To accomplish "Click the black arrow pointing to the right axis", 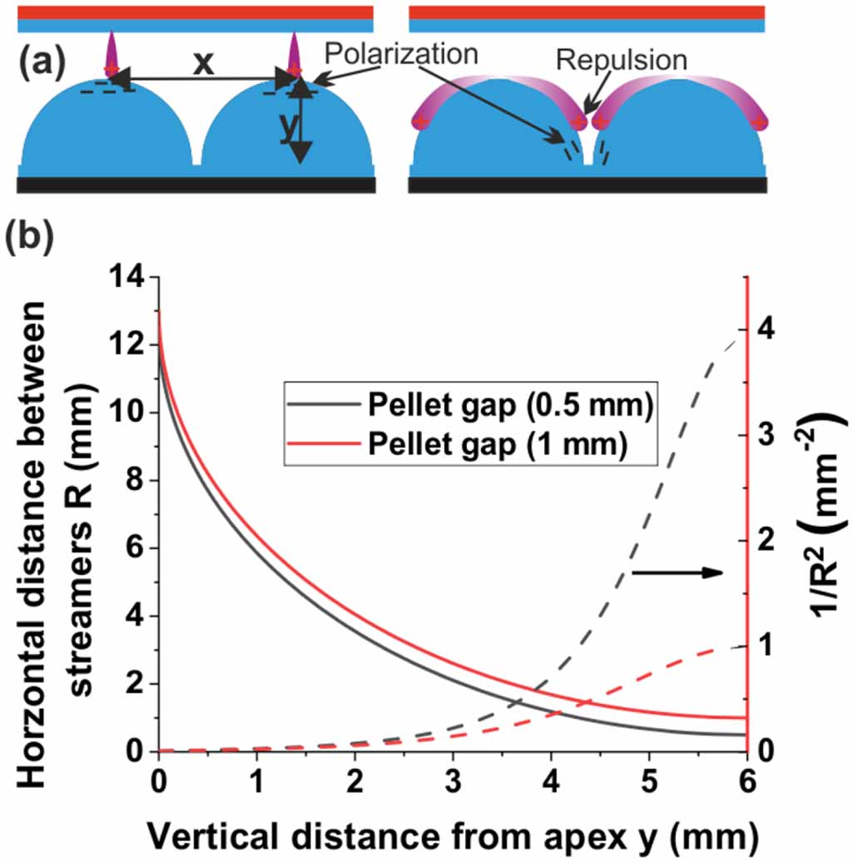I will [x=677, y=572].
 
